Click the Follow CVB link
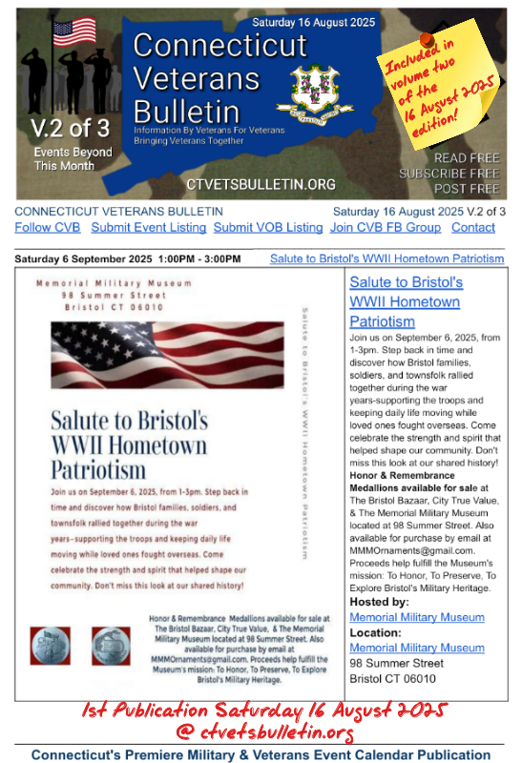point(48,227)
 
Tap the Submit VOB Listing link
point(268,227)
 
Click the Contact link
point(473,227)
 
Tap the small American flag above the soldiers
point(73,32)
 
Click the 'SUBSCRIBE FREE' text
point(449,174)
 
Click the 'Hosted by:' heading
point(380,603)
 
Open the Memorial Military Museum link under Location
point(416,648)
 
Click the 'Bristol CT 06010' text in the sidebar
point(393,678)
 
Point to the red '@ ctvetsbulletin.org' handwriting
point(266,732)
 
